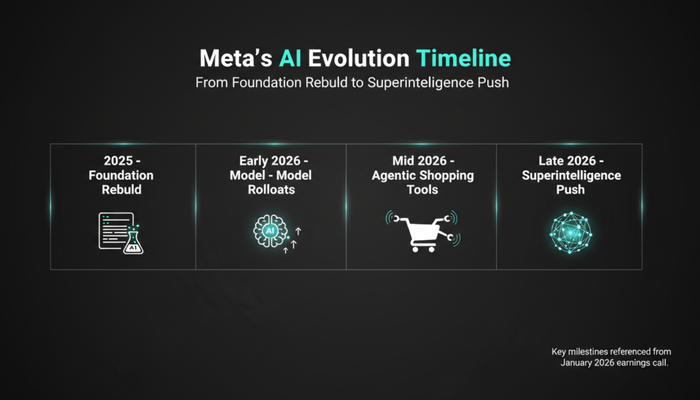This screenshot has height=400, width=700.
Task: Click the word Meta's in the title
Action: [x=236, y=59]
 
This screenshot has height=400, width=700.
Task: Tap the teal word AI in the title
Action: [x=290, y=59]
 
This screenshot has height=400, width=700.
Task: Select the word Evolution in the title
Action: [x=358, y=59]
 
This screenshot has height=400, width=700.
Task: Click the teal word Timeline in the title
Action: [x=463, y=59]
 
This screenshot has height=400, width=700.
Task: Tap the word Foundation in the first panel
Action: [x=121, y=175]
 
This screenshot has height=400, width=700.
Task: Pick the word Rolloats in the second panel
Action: [x=271, y=189]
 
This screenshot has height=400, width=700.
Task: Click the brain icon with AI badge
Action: [x=269, y=231]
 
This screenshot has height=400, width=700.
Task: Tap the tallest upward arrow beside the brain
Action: [x=298, y=231]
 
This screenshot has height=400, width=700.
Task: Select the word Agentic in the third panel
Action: [x=392, y=176]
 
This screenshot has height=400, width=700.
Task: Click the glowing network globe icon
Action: [x=571, y=232]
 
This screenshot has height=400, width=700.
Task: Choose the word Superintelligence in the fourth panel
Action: [x=571, y=176]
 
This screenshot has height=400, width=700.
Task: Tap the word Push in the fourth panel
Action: [x=571, y=189]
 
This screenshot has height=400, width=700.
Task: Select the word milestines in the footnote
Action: [x=590, y=351]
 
